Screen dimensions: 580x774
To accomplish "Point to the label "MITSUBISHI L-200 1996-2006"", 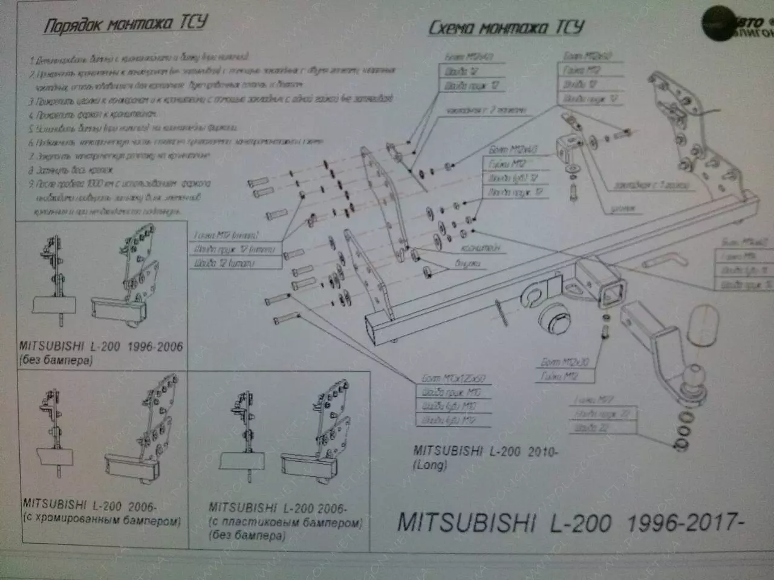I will click(x=100, y=347).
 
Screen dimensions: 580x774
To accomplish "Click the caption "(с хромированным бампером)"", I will click(x=102, y=520).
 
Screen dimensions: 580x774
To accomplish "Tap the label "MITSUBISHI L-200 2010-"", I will click(x=485, y=451).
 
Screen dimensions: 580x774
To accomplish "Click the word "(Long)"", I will click(x=430, y=465).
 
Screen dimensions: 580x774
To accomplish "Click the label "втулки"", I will click(x=468, y=263).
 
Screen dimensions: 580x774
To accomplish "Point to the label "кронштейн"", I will click(x=489, y=248).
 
